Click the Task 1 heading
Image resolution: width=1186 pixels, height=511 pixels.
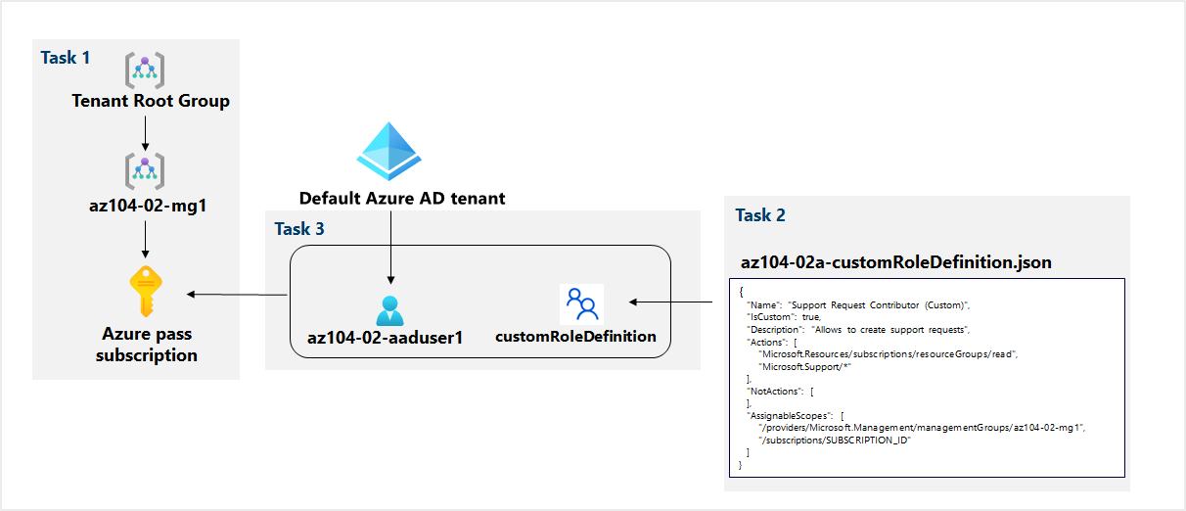pos(66,58)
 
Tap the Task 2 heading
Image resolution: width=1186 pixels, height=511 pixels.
pos(759,215)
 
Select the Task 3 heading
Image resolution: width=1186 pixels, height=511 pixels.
pos(299,229)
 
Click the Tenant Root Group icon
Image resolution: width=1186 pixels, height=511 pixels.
pos(145,70)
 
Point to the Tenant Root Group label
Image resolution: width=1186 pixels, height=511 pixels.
pos(151,101)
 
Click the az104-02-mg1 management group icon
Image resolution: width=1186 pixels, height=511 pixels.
pos(145,171)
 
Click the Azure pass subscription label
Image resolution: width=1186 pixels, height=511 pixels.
pos(146,344)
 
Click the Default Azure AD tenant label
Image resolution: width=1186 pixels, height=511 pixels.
pos(402,199)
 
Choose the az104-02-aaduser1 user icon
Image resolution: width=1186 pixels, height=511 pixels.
pos(389,310)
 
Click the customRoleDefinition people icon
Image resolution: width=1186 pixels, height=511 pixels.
pos(581,303)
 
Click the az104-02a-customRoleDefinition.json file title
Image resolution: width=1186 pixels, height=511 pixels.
pos(896,262)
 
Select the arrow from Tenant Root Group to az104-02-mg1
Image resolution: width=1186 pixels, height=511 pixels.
pos(145,132)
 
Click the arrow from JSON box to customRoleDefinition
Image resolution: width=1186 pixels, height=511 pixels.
pos(669,302)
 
